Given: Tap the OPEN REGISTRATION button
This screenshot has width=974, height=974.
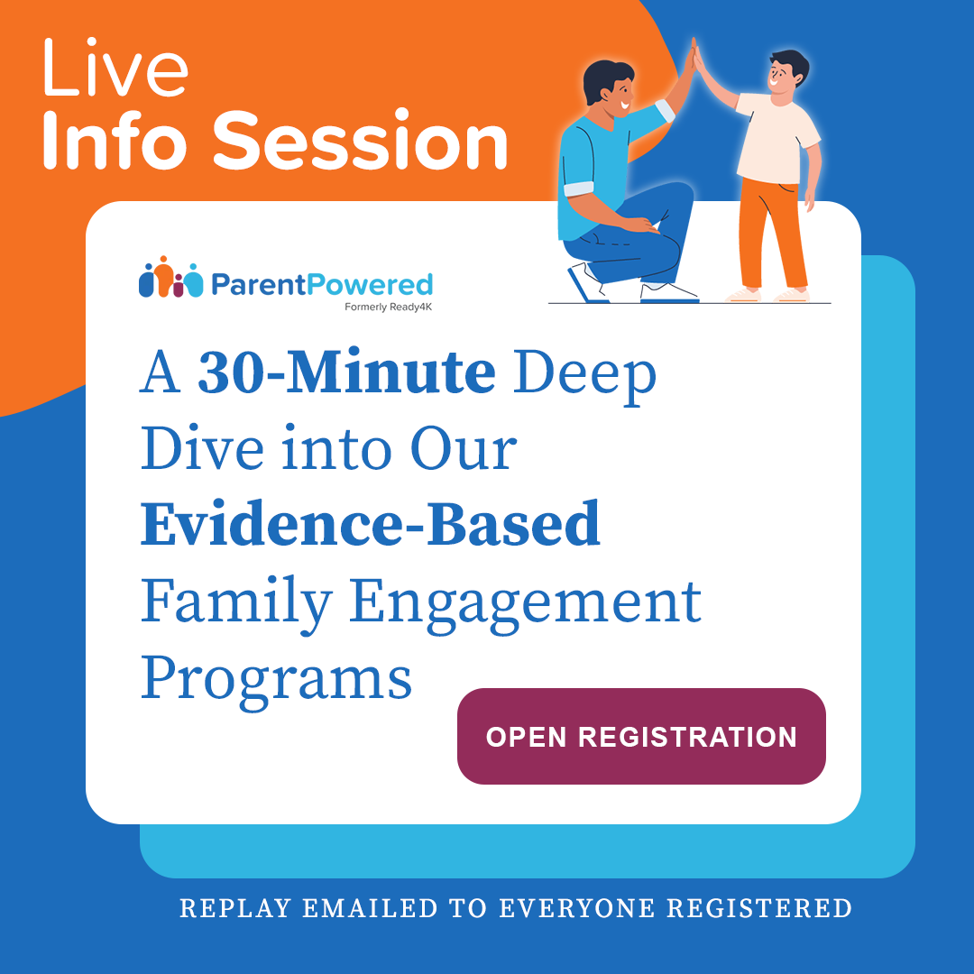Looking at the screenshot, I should point(641,736).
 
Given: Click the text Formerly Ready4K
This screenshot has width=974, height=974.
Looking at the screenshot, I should point(388,307).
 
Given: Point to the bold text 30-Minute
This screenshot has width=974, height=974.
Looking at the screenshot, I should point(346,374).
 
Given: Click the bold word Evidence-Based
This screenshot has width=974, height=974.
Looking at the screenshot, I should point(370,524).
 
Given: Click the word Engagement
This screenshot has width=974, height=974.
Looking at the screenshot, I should point(525,602).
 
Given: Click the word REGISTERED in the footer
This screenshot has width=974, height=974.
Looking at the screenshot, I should point(767,908).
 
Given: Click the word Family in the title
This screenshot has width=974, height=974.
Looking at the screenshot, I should point(235,602).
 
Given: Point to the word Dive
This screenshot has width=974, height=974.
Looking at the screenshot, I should point(203,449).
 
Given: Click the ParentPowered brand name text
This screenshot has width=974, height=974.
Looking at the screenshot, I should point(321,285).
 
